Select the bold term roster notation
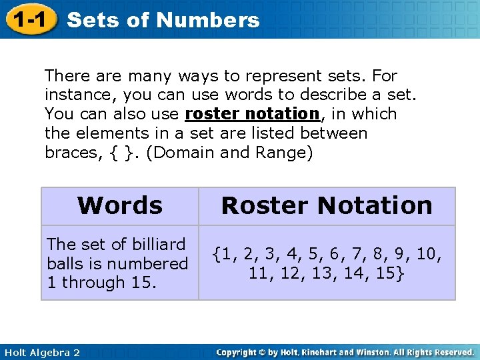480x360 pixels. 253,114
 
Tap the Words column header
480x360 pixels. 120,205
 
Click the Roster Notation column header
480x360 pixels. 327,205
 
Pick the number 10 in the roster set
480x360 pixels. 429,254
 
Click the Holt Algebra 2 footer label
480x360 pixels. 41,352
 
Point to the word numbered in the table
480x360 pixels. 157,263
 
